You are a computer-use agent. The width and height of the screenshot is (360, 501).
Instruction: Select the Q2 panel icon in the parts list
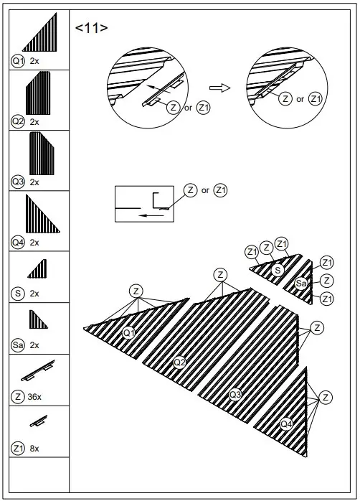pos(38,93)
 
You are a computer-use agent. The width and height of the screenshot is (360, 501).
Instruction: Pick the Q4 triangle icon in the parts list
pos(42,213)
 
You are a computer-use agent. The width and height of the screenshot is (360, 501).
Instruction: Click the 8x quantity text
pos(35,448)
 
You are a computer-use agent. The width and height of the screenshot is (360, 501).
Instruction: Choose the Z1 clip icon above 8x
pos(39,423)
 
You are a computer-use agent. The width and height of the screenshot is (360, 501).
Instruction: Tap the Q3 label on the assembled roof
pos(235,394)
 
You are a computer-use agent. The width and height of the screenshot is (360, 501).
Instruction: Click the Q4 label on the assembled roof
pos(286,423)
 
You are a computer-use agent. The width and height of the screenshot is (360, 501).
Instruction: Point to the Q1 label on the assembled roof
pos(128,332)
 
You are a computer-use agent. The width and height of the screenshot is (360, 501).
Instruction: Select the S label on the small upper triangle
pos(277,270)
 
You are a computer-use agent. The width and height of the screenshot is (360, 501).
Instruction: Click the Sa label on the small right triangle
pos(301,284)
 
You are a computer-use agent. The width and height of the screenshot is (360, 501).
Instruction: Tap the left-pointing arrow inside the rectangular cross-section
pos(151,214)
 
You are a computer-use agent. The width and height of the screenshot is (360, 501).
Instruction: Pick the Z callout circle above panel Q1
pos(136,291)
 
